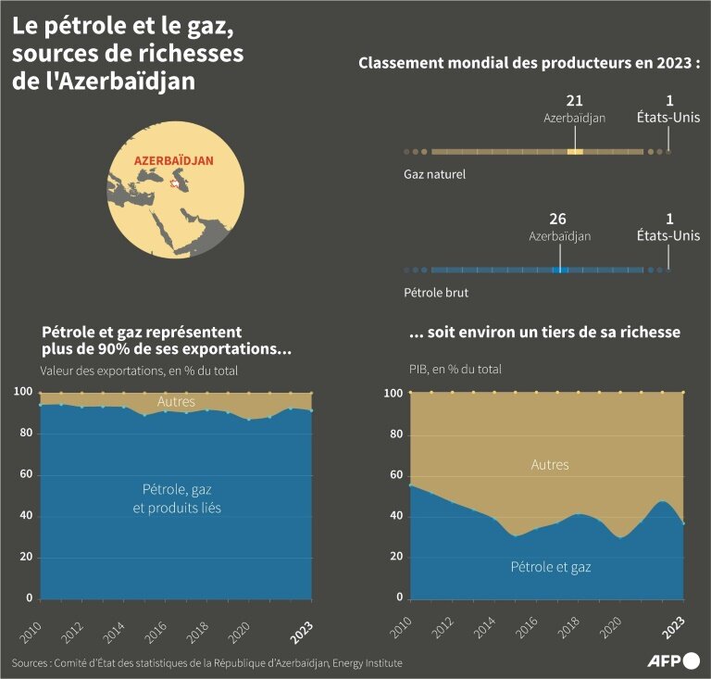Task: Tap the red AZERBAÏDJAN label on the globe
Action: pos(174,160)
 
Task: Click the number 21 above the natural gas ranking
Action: pos(574,101)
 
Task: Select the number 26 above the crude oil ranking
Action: pos(558,220)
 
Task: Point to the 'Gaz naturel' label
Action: pos(434,173)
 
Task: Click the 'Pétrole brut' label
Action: pos(435,292)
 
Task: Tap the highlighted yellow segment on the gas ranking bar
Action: pos(575,151)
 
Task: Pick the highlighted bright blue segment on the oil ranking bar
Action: pos(559,270)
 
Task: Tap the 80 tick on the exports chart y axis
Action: pos(25,434)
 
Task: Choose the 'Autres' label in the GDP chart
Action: pos(550,465)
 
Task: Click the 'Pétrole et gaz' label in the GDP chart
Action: pos(550,567)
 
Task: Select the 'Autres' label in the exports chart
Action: pos(176,402)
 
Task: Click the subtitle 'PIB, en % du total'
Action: pos(455,369)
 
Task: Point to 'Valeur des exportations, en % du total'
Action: pos(139,371)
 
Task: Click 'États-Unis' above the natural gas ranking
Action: pos(668,118)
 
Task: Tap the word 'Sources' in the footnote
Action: pos(31,662)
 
